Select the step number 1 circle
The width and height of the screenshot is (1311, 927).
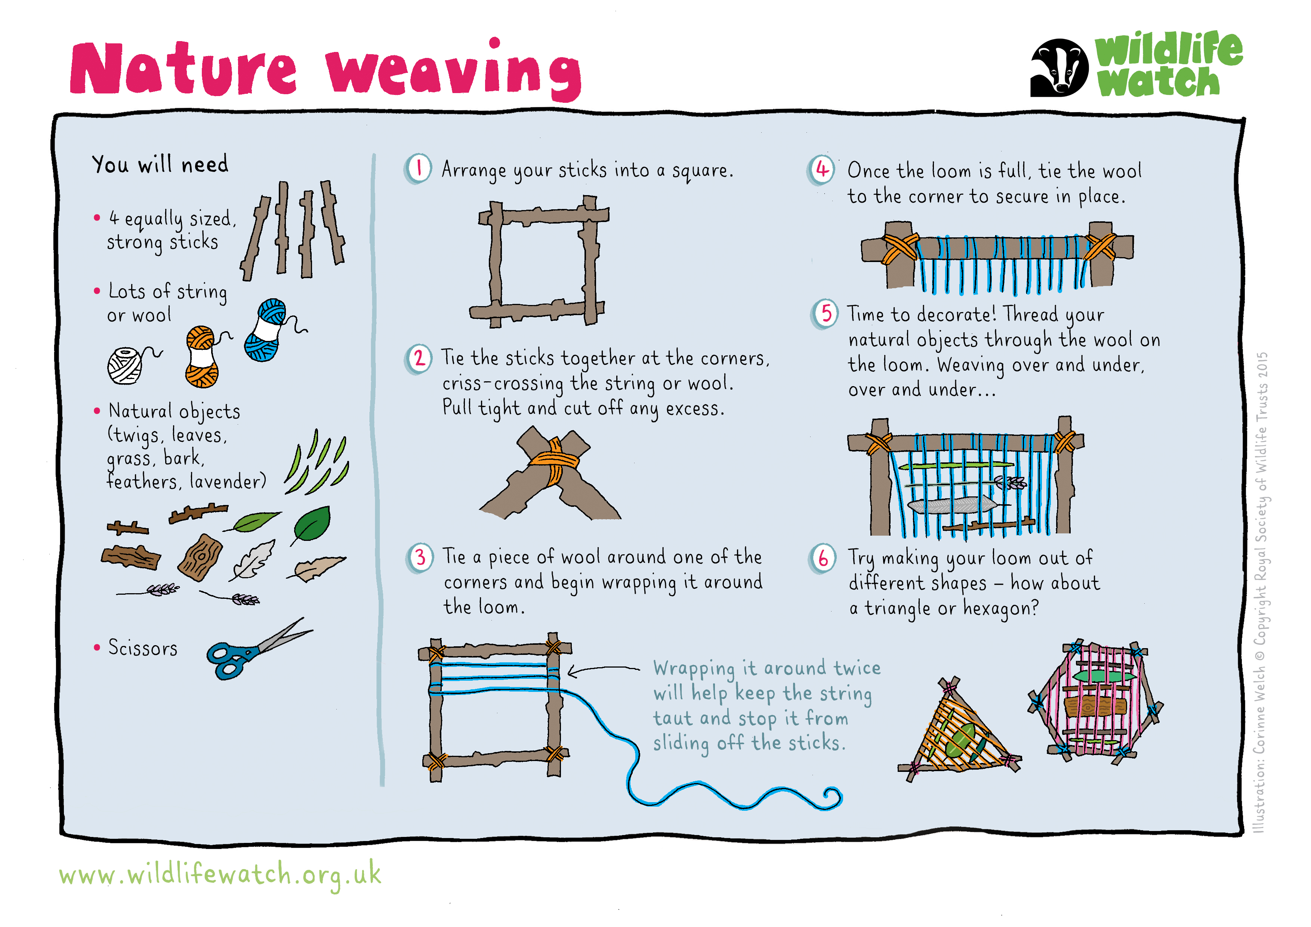pos(419,169)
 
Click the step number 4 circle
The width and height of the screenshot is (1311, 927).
pos(822,170)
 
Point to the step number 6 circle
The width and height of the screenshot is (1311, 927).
pos(823,558)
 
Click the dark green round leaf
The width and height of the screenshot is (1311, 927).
pos(312,524)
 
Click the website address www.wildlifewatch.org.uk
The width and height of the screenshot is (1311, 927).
pos(220,874)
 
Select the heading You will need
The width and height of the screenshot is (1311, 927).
pos(160,164)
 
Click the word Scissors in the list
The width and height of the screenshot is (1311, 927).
pos(143,648)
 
